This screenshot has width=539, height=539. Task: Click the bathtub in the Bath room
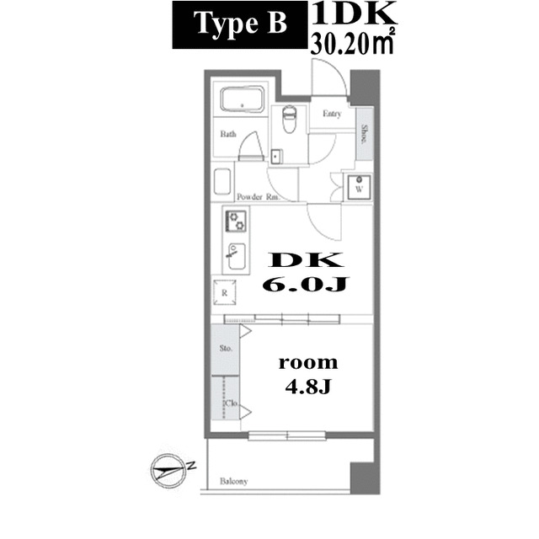pyautogui.click(x=243, y=101)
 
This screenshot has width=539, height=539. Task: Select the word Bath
pyautogui.click(x=227, y=134)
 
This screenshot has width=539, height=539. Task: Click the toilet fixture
pyautogui.click(x=288, y=119)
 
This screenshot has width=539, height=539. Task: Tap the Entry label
pyautogui.click(x=331, y=114)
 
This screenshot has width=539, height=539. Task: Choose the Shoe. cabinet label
pyautogui.click(x=364, y=134)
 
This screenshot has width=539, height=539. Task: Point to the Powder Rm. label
pyautogui.click(x=258, y=196)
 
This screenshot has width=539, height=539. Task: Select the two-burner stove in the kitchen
pyautogui.click(x=235, y=221)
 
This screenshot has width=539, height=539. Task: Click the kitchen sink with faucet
pyautogui.click(x=235, y=252)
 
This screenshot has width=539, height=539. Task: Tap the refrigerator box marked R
pyautogui.click(x=225, y=292)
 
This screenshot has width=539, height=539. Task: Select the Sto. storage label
pyautogui.click(x=226, y=346)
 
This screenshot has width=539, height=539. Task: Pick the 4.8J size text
pyautogui.click(x=308, y=389)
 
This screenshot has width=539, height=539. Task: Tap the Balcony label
pyautogui.click(x=234, y=482)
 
